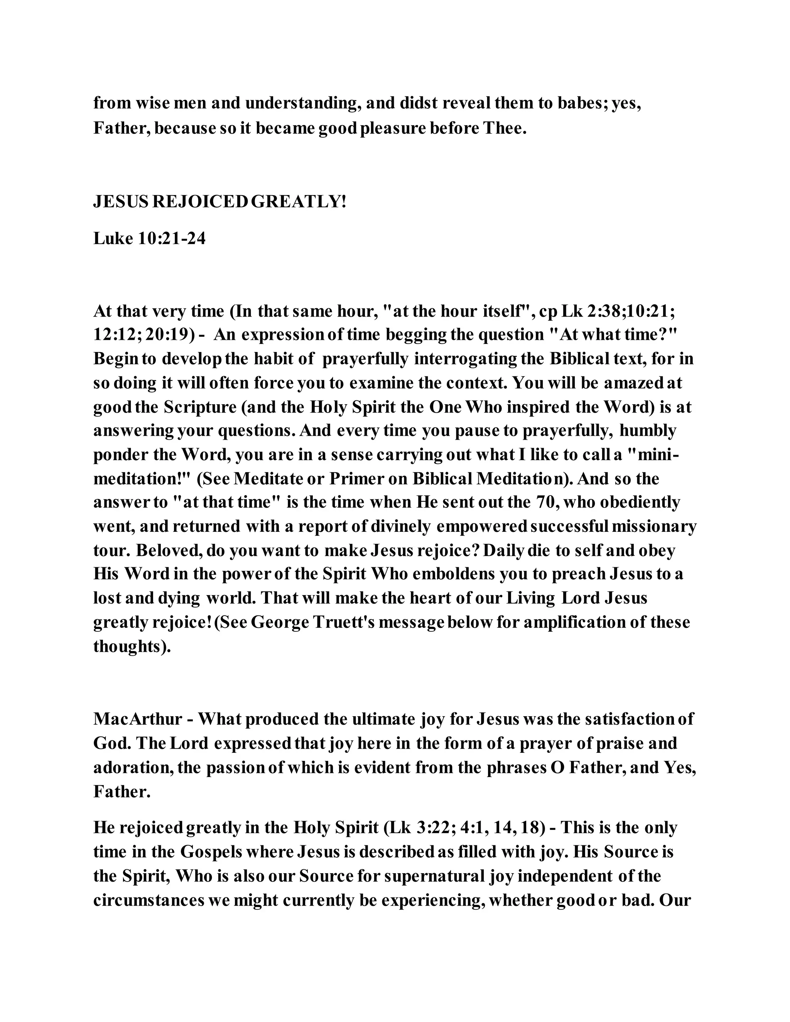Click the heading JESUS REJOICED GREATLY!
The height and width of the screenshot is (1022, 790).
[220, 202]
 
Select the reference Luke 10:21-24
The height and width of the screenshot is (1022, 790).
[149, 239]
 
